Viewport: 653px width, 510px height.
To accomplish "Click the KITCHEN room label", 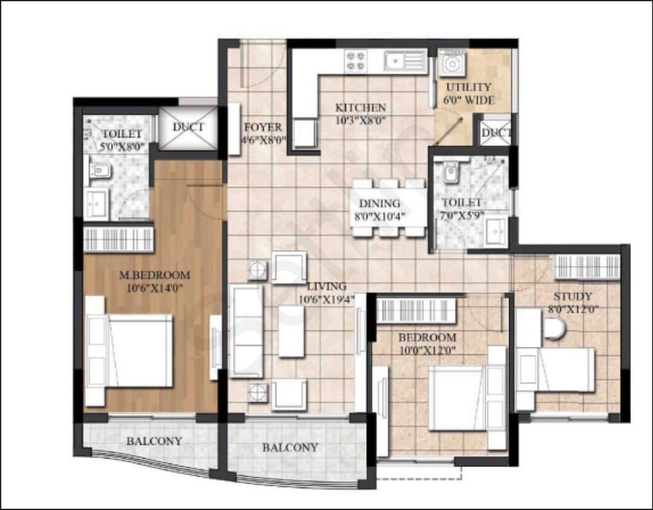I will click(x=361, y=108).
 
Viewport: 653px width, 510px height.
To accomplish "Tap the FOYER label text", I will click(x=262, y=128).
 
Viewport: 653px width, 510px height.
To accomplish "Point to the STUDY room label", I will click(x=572, y=296).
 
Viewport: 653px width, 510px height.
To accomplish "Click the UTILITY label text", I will click(x=469, y=87).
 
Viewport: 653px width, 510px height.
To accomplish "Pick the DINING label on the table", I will click(x=379, y=203).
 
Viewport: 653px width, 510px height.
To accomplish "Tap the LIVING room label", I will click(x=326, y=286).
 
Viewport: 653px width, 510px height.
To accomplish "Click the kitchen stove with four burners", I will click(x=356, y=60).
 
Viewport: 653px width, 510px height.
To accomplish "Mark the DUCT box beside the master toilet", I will click(x=187, y=127).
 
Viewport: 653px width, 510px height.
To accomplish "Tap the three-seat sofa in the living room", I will click(x=247, y=332).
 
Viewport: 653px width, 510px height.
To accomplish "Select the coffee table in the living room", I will click(x=291, y=331).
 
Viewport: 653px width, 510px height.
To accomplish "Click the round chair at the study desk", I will click(x=553, y=329).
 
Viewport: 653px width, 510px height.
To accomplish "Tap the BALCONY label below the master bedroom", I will click(x=154, y=441).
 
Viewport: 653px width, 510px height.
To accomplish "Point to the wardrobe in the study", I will click(x=587, y=267).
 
